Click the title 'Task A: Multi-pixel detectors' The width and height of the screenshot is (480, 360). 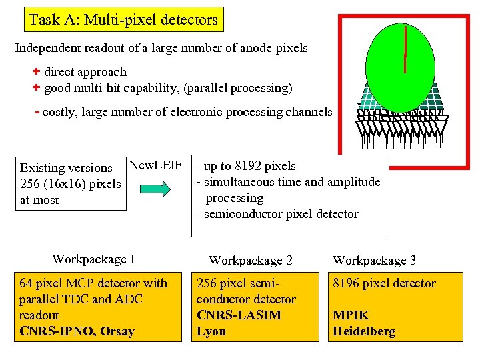(123, 20)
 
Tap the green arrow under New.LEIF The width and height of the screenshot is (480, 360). (155, 189)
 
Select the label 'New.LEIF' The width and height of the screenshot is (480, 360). (155, 165)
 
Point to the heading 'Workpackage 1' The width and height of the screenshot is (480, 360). (93, 259)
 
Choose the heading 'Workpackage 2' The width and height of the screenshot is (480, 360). (250, 261)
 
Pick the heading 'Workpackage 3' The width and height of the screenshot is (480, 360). (374, 261)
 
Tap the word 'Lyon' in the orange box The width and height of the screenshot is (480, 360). (211, 331)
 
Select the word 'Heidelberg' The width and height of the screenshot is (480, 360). (364, 331)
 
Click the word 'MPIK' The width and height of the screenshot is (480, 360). (351, 315)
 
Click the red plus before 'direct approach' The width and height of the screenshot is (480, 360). (37, 71)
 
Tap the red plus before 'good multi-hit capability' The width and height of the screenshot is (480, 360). (37, 87)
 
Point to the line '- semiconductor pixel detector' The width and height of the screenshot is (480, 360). (277, 214)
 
